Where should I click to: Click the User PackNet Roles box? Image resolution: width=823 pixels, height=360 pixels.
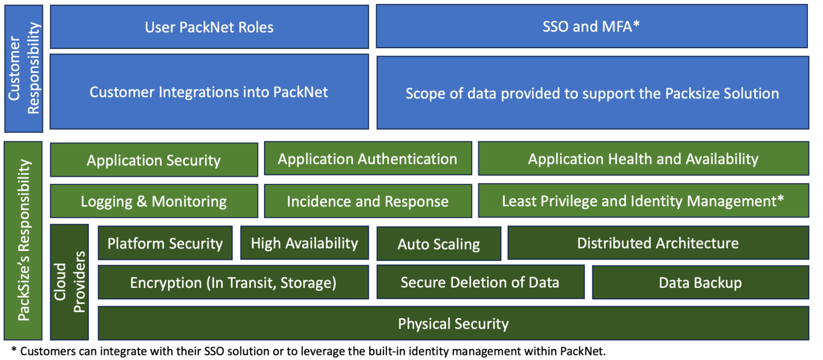click(209, 27)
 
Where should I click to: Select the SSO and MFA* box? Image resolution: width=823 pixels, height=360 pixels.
click(591, 26)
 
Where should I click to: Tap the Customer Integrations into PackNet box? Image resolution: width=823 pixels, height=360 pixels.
click(209, 92)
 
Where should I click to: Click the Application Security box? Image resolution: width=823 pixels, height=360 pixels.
click(154, 160)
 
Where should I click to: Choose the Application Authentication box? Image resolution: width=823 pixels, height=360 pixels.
click(368, 159)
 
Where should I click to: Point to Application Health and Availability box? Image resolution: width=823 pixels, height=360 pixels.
click(643, 159)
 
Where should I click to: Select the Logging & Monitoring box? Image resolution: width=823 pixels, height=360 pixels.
click(154, 201)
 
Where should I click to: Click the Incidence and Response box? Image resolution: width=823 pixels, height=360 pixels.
click(368, 201)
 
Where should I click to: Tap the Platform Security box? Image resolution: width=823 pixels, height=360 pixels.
click(165, 243)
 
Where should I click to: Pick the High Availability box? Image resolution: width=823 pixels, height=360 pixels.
click(304, 243)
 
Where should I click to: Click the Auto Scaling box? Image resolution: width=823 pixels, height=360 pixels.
click(439, 244)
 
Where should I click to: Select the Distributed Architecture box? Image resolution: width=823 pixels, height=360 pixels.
click(658, 243)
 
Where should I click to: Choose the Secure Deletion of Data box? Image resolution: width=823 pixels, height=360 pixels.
click(480, 283)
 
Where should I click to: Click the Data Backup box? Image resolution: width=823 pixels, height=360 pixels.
click(700, 283)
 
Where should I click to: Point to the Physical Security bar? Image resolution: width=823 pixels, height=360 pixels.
click(453, 324)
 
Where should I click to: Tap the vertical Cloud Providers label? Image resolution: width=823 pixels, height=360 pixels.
click(70, 283)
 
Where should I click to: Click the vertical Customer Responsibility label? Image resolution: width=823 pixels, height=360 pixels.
click(24, 68)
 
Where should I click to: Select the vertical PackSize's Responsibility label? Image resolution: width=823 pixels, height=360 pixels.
click(23, 241)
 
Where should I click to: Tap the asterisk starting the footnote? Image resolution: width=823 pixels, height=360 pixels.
click(14, 350)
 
